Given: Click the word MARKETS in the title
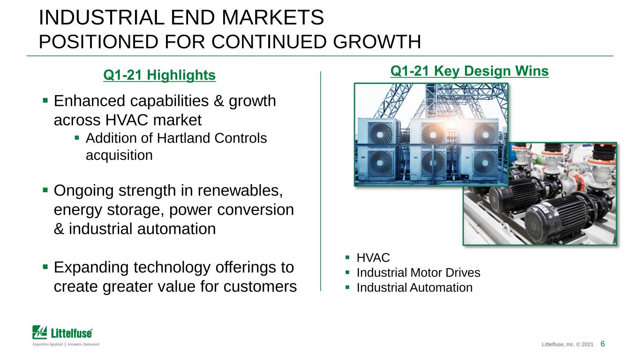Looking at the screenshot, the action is coord(272,17).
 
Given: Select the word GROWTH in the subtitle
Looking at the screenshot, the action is coord(377,42).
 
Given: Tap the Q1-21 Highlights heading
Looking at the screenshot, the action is coord(159,75).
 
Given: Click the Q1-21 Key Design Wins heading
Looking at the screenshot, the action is coord(469,71).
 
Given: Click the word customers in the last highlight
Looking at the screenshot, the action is coord(260,286).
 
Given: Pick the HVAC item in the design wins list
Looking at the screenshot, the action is coord(373,258).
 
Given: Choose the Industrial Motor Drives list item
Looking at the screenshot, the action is coord(418,272).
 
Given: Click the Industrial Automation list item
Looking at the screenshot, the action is coord(414,287).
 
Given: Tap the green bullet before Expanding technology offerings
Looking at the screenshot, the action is coord(45,267).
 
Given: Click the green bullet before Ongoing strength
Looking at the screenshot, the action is coord(45,190).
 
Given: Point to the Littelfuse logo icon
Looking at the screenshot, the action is coord(39,332).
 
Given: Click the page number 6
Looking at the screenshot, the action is coord(602,344).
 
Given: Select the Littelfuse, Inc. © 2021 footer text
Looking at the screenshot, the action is coord(567,345).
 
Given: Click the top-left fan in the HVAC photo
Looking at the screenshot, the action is coord(381,134).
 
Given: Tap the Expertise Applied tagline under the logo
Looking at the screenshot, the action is coord(66,344).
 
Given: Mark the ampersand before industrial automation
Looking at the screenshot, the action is coord(59,229).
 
